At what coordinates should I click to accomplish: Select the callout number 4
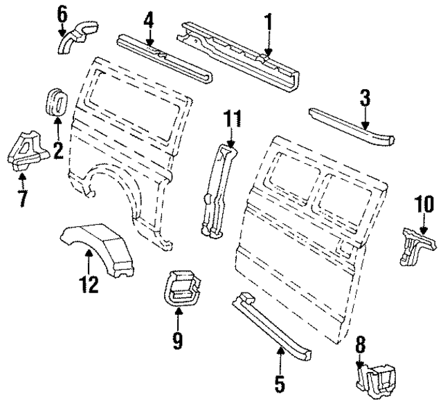point(147,22)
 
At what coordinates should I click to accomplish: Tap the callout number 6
point(63,12)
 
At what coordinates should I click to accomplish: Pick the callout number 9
point(178,340)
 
